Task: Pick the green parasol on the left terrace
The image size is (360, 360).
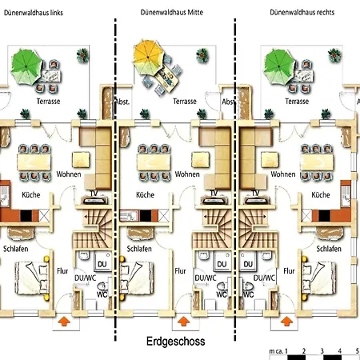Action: point(26,58)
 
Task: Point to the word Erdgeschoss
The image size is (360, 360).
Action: point(176,342)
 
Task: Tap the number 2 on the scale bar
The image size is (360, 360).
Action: point(304,352)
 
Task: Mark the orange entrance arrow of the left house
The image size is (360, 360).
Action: point(63,322)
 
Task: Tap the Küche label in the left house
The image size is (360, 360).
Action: point(22,194)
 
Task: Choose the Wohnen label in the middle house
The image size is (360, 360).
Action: point(187,174)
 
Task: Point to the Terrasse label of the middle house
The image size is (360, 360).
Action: point(184,102)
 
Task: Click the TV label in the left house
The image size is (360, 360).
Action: point(94,193)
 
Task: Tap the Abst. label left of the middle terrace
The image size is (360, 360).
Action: point(122,102)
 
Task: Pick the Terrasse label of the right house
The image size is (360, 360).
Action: point(299,102)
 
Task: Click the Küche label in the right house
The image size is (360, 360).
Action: point(321,194)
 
